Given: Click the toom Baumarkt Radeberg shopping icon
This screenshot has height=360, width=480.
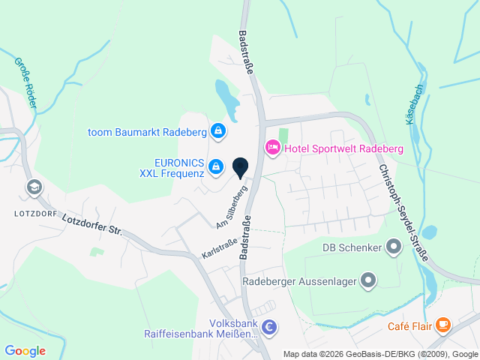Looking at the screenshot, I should coord(217,132).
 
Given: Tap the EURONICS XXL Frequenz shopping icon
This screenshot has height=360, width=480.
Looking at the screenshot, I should coord(216,166).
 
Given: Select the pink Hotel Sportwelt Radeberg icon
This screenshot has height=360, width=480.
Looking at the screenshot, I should coord(272,148).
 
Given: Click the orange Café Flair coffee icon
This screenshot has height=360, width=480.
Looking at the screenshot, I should coord(443,325).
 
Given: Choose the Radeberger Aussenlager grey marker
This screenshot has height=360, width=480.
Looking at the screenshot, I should coord(367,281).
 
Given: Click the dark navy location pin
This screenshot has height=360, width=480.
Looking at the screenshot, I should coord(241,168).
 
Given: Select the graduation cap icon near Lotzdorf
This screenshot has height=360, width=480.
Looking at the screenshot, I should coord(33,187).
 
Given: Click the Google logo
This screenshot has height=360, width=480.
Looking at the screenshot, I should coord(25,350).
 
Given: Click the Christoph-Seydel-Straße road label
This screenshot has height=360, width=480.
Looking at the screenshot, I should coord(403,213).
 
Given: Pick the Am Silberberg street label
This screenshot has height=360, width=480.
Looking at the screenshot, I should coord(232,207).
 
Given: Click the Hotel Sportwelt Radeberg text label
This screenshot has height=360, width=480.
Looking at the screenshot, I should coord(344,148).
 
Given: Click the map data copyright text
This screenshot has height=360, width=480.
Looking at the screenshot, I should coord(380,354).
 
